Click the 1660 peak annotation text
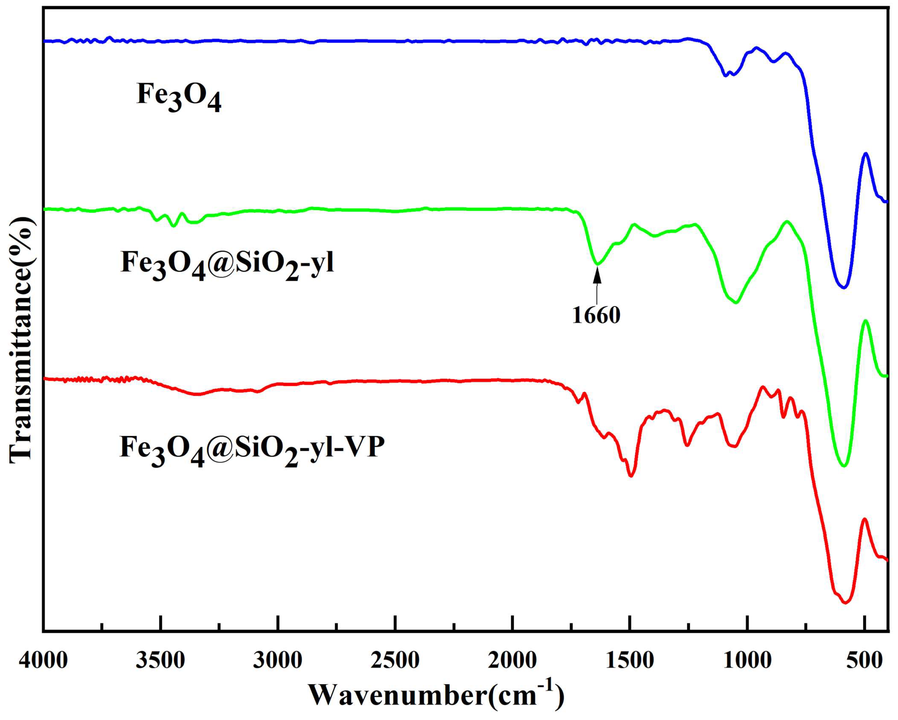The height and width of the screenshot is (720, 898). [596, 315]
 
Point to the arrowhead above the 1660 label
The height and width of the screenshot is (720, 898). [597, 275]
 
